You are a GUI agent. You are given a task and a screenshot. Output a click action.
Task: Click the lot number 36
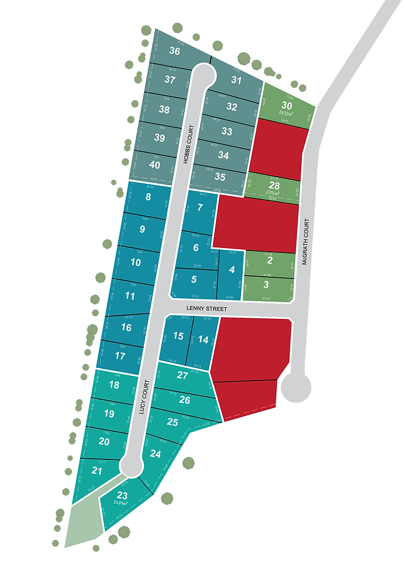click(x=174, y=51)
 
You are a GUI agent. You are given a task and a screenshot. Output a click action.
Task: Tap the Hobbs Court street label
click(x=190, y=144)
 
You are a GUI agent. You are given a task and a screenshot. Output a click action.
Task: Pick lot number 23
click(x=123, y=496)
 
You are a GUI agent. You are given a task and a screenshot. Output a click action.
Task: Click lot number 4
click(x=231, y=269)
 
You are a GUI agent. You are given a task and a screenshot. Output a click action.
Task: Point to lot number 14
click(x=204, y=340)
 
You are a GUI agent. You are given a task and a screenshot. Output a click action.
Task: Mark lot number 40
click(x=155, y=165)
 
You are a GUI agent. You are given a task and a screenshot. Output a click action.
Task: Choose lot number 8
click(x=148, y=197)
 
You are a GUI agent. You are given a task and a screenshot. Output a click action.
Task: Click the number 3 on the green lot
click(x=266, y=285)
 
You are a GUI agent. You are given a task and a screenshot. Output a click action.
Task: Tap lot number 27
click(x=182, y=375)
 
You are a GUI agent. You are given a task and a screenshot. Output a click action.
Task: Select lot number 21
click(x=97, y=470)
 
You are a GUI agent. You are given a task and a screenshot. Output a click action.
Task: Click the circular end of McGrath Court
click(x=296, y=387)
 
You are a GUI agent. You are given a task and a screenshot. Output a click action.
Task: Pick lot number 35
click(x=220, y=177)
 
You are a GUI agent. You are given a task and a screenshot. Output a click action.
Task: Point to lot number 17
click(x=120, y=356)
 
